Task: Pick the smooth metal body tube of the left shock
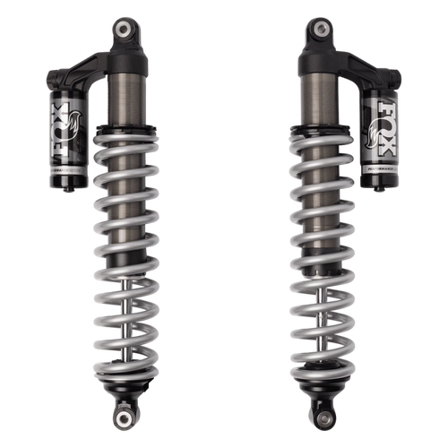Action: pos(123,99)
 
